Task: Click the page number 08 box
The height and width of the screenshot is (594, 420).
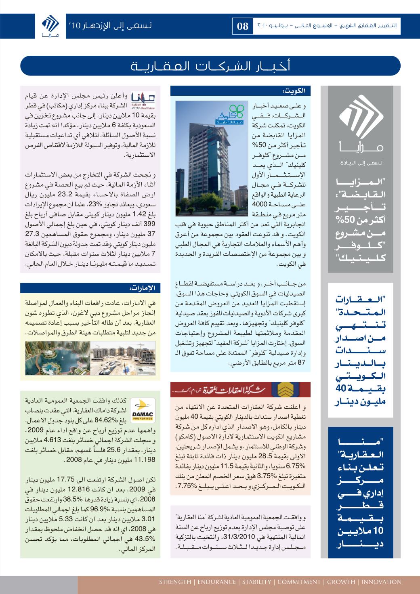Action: click(243, 26)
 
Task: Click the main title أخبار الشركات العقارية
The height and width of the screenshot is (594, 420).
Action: click(210, 66)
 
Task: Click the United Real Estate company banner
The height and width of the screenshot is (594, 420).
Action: click(241, 389)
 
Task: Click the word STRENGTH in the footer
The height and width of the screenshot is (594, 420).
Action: click(175, 582)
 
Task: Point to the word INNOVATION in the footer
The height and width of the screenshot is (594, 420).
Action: click(381, 582)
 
